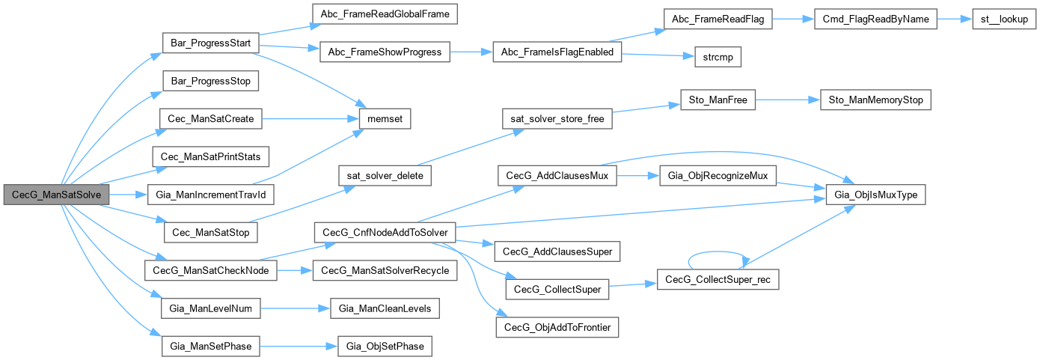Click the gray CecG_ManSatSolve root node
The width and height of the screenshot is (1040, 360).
coord(57,195)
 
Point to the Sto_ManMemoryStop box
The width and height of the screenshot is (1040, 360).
coord(875,99)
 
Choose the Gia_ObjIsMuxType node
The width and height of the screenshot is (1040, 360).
coord(875,195)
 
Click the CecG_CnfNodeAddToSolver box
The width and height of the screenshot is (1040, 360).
coord(384,232)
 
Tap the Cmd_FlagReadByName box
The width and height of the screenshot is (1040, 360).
coord(875,20)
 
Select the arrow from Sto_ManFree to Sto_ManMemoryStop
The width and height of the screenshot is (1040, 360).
coord(788,99)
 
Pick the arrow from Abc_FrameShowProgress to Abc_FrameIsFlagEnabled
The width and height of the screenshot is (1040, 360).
coord(469,52)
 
